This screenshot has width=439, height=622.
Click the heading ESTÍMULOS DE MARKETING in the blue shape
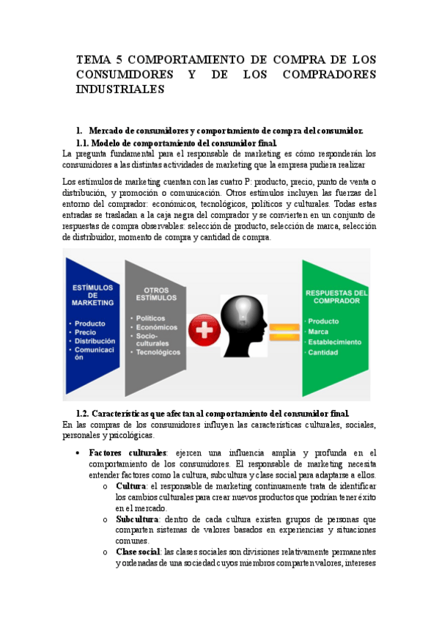92,294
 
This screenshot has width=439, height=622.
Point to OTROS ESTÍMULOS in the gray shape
156,294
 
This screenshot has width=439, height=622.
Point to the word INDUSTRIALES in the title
120,89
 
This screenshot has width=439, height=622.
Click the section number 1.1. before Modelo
86,142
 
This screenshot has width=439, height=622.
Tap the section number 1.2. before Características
86,412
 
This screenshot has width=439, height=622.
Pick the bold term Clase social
137,552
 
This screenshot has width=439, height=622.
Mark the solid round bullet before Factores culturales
79,453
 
